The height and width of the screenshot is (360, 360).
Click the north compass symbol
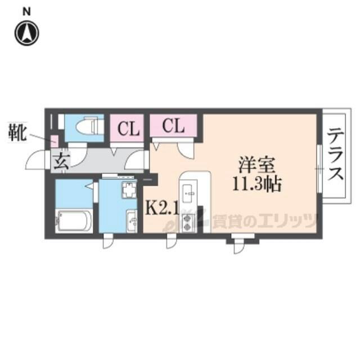27,33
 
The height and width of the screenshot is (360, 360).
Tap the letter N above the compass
26,12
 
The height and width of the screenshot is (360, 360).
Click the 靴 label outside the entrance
17,132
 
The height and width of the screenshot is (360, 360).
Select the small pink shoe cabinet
55,141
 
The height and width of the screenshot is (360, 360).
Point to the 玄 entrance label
61,161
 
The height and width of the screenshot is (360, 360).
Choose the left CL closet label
129,129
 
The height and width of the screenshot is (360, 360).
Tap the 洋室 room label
256,165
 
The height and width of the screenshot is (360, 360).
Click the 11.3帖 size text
257,184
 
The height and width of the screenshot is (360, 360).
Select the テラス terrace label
335,154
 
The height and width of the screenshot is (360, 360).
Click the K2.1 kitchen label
162,209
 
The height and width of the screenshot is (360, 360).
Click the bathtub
74,221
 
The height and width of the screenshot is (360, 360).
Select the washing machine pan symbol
129,190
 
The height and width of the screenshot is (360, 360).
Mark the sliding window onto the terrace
319,169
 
